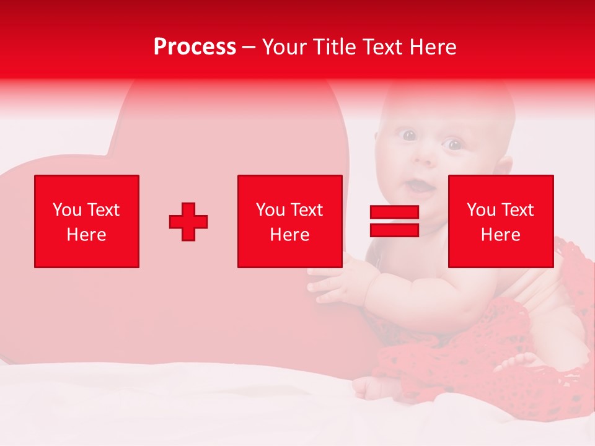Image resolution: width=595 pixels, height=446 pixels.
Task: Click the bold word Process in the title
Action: click(x=195, y=47)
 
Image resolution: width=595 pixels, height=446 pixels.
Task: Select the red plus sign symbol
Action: click(x=188, y=221)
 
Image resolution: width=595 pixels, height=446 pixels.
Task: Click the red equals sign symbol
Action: click(x=394, y=221)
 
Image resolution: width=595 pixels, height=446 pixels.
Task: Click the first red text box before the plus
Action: click(x=87, y=221)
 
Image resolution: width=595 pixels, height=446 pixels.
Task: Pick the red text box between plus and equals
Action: click(x=289, y=221)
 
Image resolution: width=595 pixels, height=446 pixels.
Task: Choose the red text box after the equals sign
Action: click(x=500, y=221)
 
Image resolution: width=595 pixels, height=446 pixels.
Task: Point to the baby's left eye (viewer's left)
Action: click(x=409, y=135)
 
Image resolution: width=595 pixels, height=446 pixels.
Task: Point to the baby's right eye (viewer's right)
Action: click(x=454, y=145)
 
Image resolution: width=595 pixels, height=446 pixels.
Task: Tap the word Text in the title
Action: click(x=381, y=47)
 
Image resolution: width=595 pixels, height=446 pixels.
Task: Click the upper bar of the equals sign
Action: click(x=394, y=212)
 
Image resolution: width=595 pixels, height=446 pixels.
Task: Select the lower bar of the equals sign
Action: click(x=394, y=230)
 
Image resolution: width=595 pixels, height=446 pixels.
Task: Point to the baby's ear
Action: click(x=505, y=165)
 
